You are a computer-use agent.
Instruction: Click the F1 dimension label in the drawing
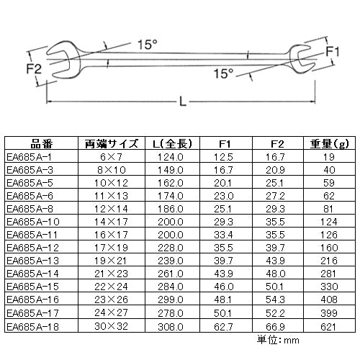[x=333, y=51]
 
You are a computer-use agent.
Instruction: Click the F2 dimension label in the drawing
[x=34, y=68]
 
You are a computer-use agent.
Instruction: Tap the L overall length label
[x=183, y=102]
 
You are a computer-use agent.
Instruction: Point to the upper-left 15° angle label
[x=148, y=45]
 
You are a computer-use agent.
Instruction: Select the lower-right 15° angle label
[x=223, y=73]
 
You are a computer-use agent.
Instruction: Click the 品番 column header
[x=41, y=144]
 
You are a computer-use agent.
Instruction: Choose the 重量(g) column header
[x=329, y=144]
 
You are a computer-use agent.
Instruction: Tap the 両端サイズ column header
[x=112, y=144]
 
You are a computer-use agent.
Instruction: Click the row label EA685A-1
[x=29, y=157]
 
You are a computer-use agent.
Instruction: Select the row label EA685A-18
[x=32, y=327]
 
